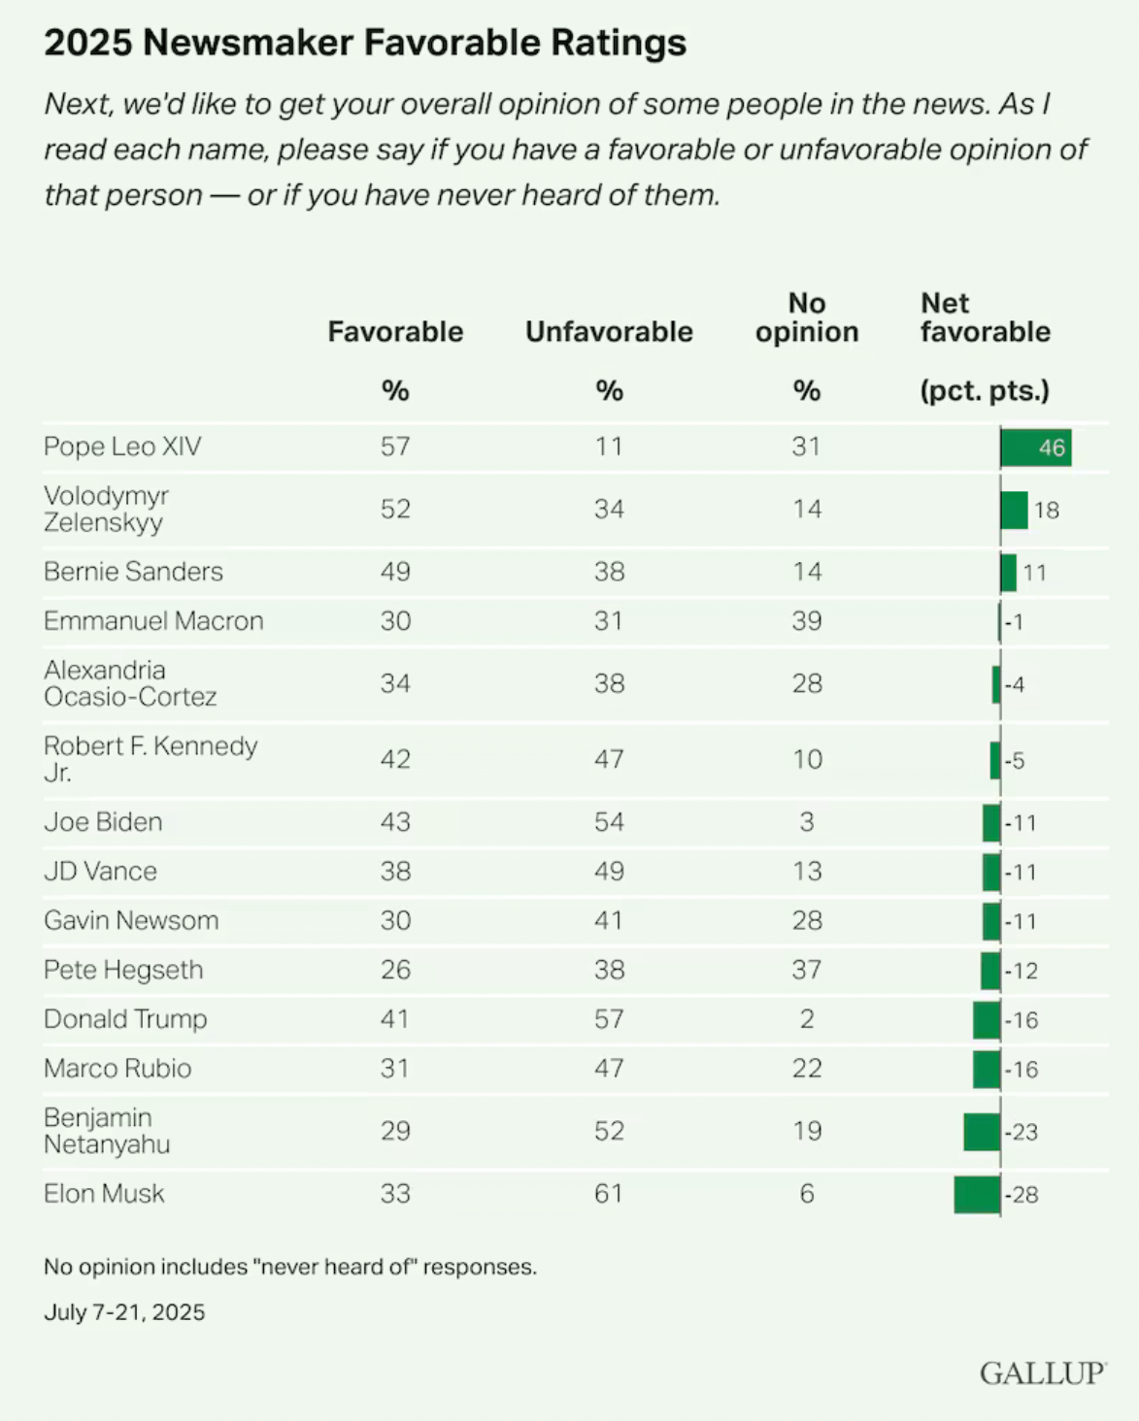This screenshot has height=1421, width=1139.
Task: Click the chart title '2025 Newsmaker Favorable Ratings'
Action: coord(365,43)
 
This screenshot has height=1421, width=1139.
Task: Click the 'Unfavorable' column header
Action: coord(609,332)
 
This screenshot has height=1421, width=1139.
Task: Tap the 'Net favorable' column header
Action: coord(985,318)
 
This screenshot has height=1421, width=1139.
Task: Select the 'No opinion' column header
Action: coord(807,318)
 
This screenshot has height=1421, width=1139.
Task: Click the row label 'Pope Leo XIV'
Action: coord(122,446)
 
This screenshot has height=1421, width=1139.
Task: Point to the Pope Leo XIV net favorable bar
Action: coord(1035,447)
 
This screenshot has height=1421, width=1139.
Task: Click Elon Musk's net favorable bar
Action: coord(977,1194)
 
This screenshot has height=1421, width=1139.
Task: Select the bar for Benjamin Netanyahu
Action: coord(982,1132)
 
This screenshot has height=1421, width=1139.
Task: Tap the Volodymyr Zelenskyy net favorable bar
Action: coord(1014,510)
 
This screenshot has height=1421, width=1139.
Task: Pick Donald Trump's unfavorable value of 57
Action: coord(609,1019)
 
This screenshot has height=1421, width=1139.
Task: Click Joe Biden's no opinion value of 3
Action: coord(807,822)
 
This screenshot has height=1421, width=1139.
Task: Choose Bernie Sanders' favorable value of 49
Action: coord(395,572)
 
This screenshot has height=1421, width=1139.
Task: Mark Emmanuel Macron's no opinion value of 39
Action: coord(807,621)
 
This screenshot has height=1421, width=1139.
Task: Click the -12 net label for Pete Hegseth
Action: coord(1022,971)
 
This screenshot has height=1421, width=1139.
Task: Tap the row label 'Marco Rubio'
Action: coord(117,1069)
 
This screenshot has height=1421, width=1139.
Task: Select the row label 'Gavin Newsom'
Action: coord(131,920)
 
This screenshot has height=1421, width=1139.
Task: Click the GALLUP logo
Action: coord(1042,1373)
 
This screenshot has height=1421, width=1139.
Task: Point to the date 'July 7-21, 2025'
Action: coord(124,1312)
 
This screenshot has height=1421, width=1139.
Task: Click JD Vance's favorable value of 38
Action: coord(395,872)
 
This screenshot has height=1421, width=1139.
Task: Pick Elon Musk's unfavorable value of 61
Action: coord(609,1194)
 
